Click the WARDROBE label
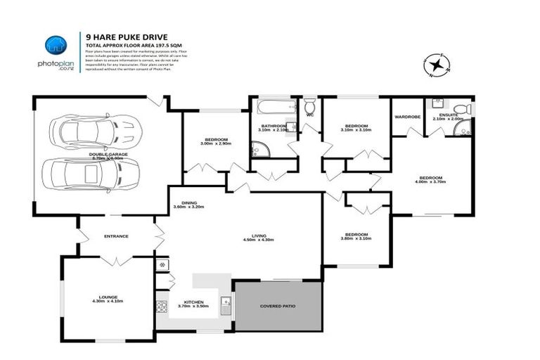(407, 117)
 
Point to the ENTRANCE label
(115, 236)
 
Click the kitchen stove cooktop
(162, 306)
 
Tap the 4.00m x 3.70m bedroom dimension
(430, 184)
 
